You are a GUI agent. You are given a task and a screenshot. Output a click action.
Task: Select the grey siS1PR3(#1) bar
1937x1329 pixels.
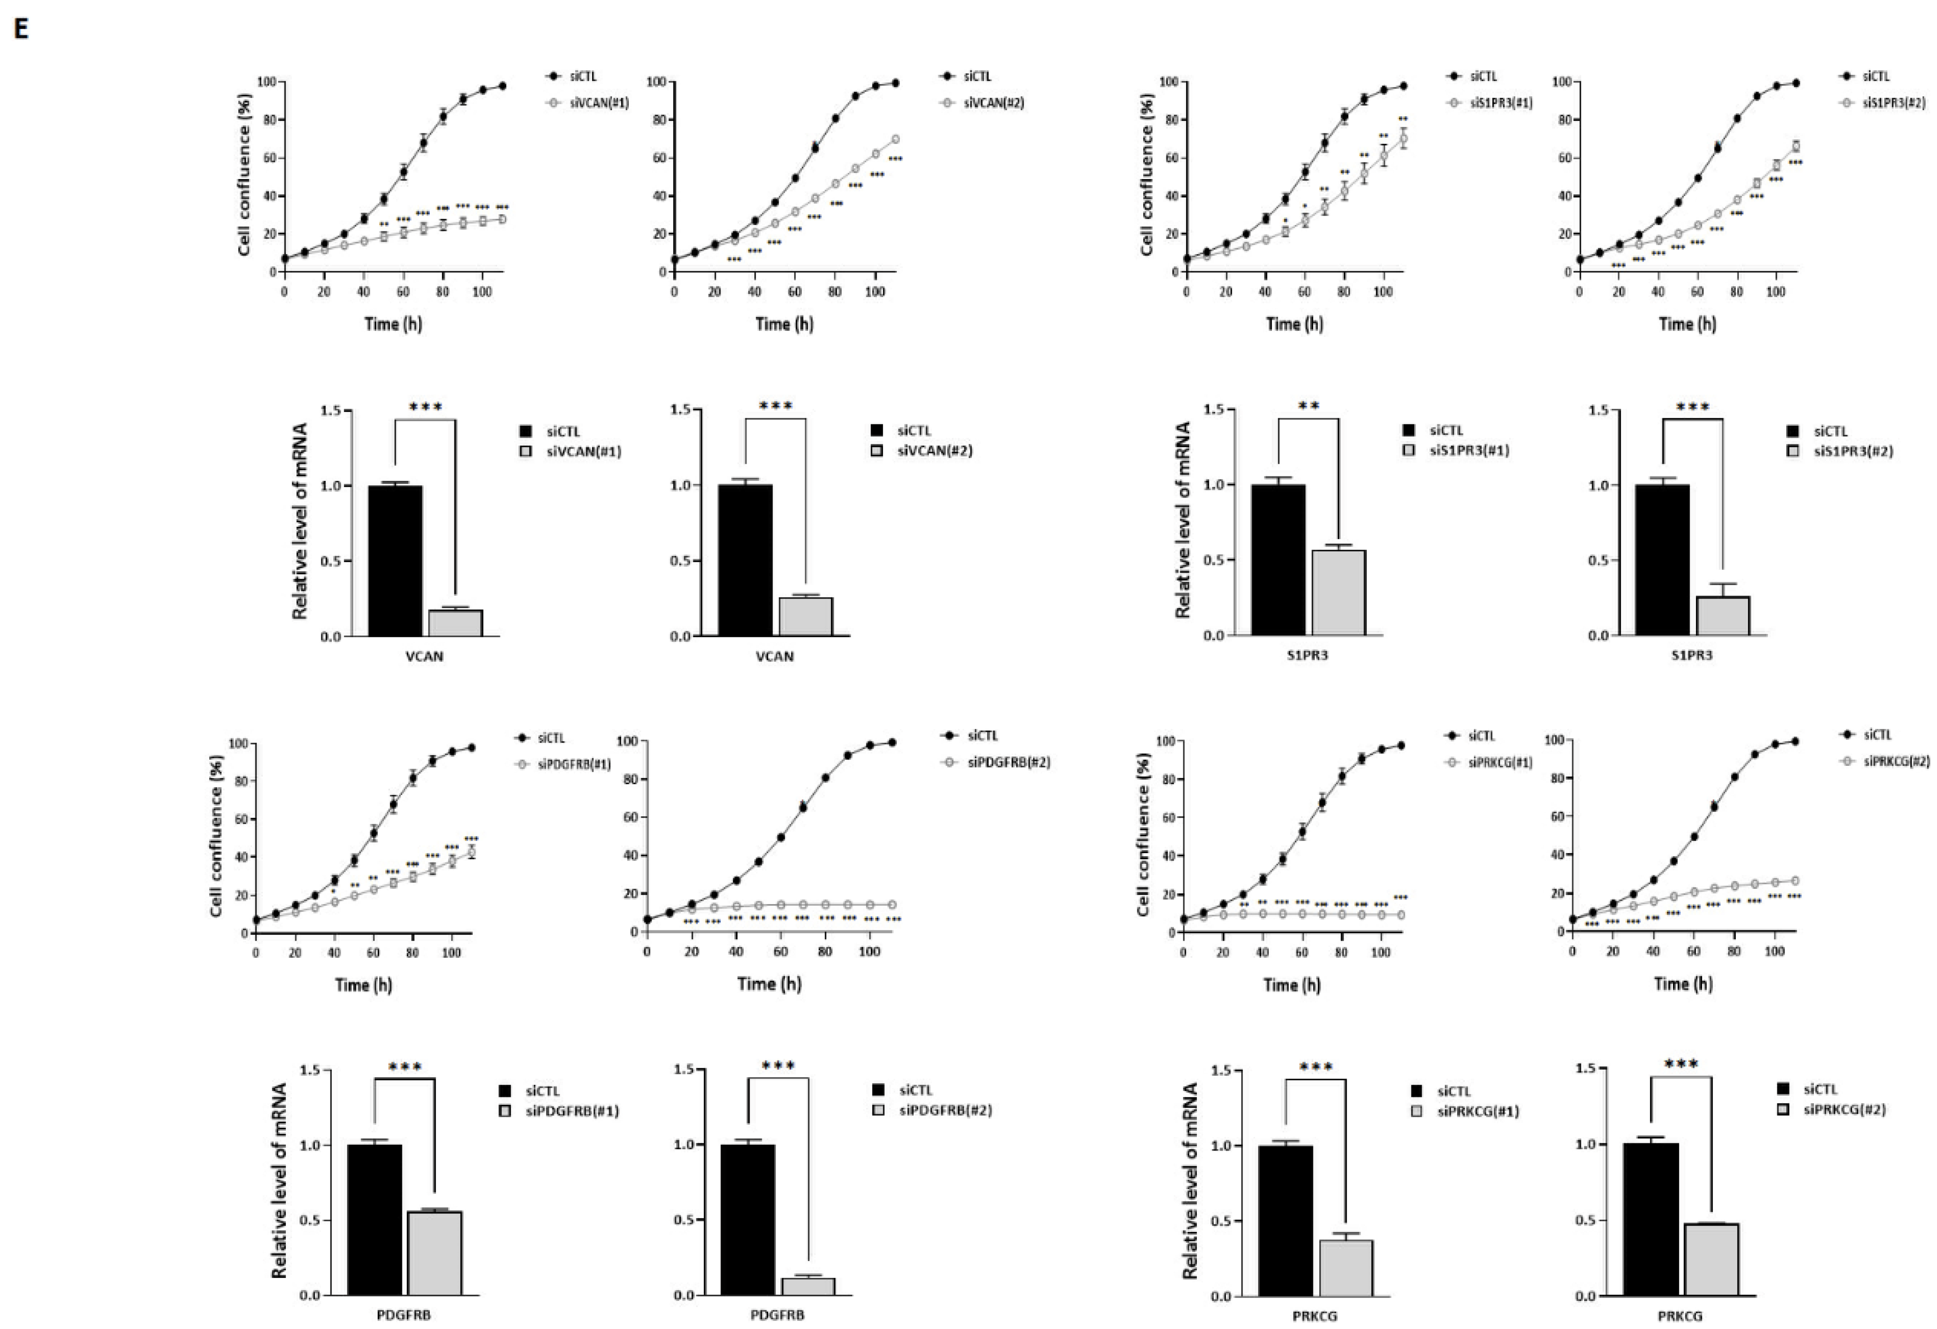click(x=1339, y=592)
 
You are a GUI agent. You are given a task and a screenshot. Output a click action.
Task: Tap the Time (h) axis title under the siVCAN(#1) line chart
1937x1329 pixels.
click(x=394, y=323)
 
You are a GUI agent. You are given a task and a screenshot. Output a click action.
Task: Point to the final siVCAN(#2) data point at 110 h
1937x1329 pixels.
click(x=895, y=139)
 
